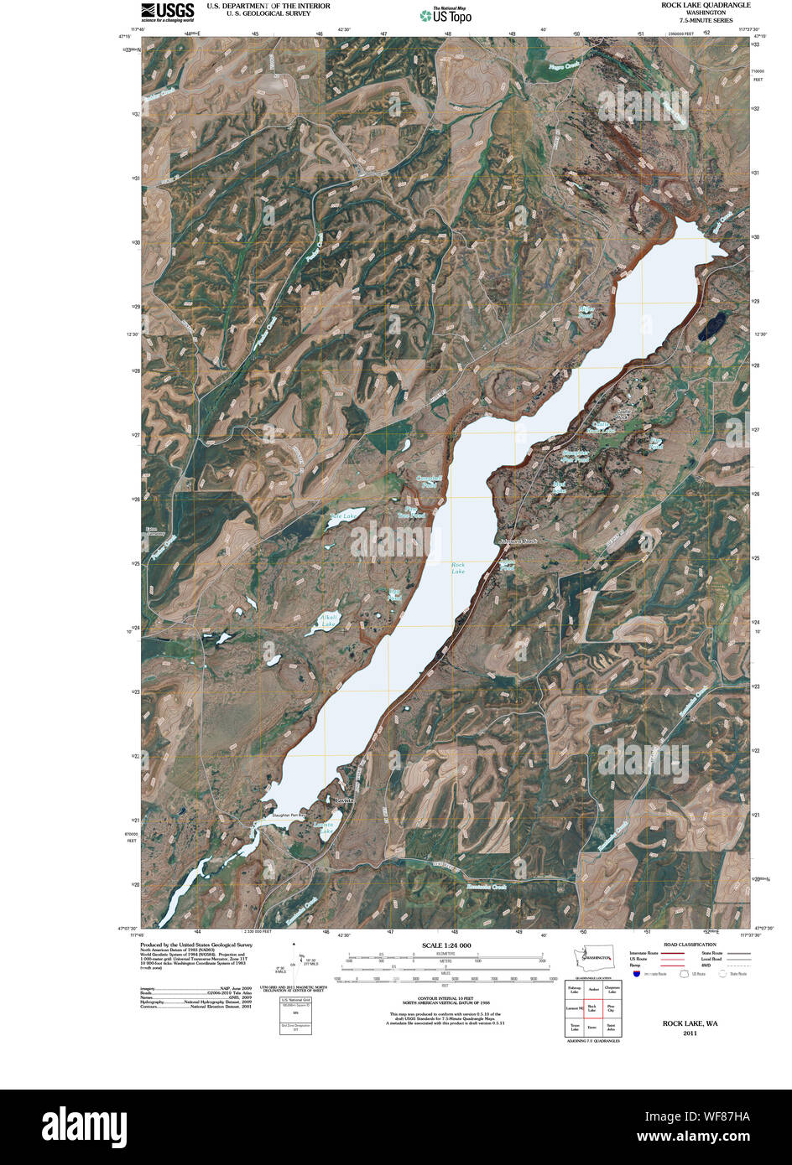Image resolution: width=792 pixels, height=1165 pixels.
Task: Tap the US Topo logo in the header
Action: click(x=446, y=14)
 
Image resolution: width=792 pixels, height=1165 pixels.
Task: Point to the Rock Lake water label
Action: click(x=458, y=568)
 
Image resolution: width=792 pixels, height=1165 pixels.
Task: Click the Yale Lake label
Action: click(x=343, y=516)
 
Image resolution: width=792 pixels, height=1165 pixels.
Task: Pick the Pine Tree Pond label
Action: click(x=412, y=511)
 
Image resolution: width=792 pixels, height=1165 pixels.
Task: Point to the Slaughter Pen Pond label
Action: click(x=575, y=456)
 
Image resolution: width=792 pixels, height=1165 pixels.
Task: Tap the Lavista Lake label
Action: click(x=323, y=827)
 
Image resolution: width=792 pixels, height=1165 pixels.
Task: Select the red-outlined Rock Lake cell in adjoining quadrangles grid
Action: click(x=592, y=1008)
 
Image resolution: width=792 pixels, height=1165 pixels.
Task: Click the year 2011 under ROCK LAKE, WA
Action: click(x=690, y=1033)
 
